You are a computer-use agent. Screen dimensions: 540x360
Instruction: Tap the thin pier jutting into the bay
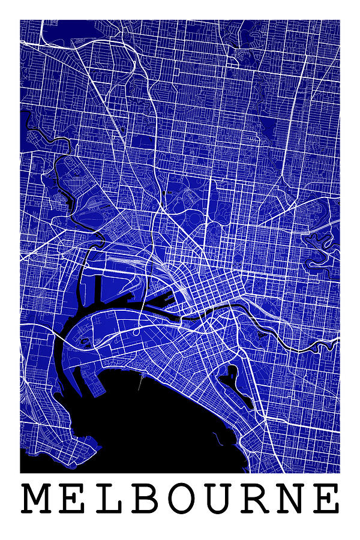click(140, 380)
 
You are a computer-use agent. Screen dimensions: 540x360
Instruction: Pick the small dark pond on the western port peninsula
click(85, 343)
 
